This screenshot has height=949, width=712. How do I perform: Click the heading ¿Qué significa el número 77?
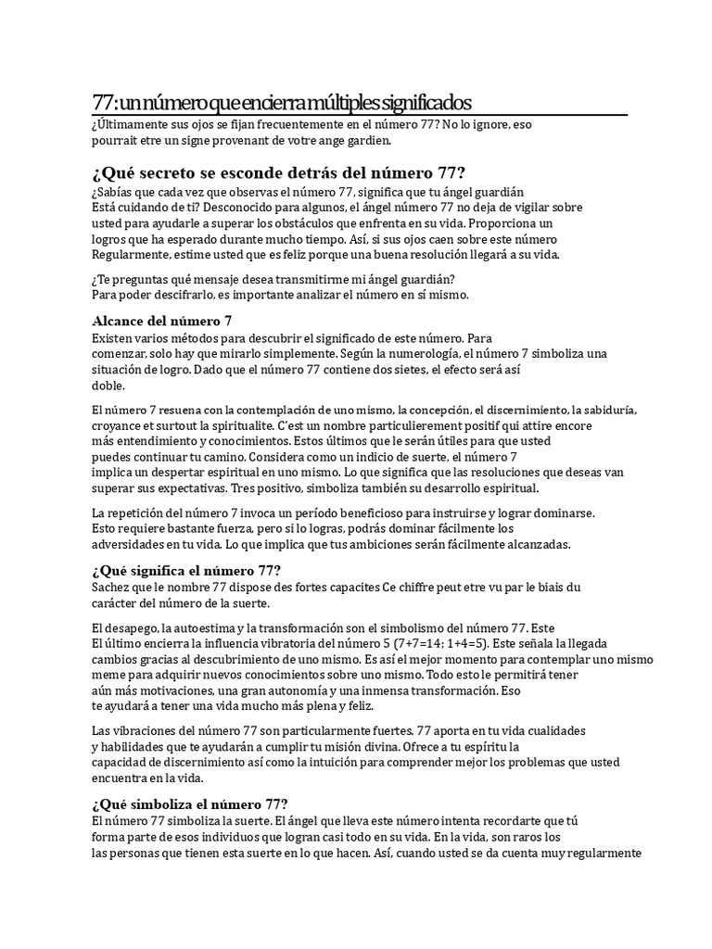coord(186,569)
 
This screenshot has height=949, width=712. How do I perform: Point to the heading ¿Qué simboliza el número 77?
coord(189,803)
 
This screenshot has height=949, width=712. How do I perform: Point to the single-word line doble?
coord(108,386)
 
